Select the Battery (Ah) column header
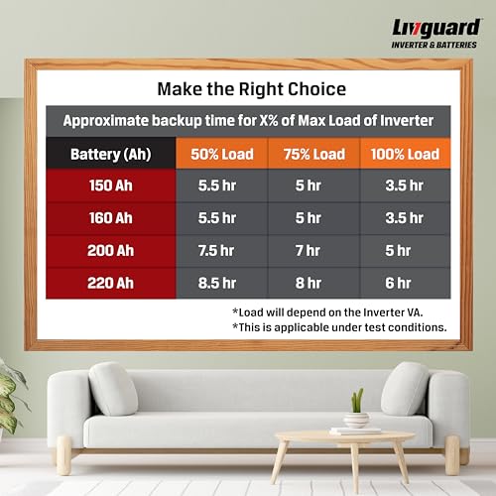tap(109, 154)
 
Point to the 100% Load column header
tap(404, 154)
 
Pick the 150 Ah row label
tap(109, 186)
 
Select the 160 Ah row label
tap(109, 217)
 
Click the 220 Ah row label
tap(109, 283)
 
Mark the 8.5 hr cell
tap(215, 283)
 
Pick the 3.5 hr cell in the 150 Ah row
tap(404, 186)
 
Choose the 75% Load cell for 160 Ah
tap(308, 217)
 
